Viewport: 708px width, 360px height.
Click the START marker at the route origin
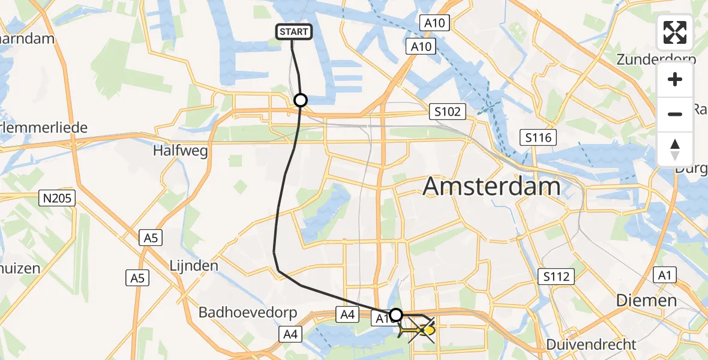(294, 32)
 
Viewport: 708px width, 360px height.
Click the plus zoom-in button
(675, 80)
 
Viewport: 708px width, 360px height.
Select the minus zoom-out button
(675, 114)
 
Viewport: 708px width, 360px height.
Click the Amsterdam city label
(492, 187)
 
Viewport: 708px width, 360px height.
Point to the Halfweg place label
(181, 151)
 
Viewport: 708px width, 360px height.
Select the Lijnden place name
(193, 265)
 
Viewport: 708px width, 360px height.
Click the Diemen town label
(647, 300)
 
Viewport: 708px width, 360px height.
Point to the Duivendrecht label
(591, 344)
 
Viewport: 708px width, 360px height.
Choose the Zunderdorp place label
(656, 59)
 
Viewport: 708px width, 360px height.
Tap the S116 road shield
(538, 137)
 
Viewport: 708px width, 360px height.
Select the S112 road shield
(556, 277)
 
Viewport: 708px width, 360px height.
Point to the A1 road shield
(663, 275)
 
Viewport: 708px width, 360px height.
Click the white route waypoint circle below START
(301, 100)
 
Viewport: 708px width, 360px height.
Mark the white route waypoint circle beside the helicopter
(396, 314)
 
